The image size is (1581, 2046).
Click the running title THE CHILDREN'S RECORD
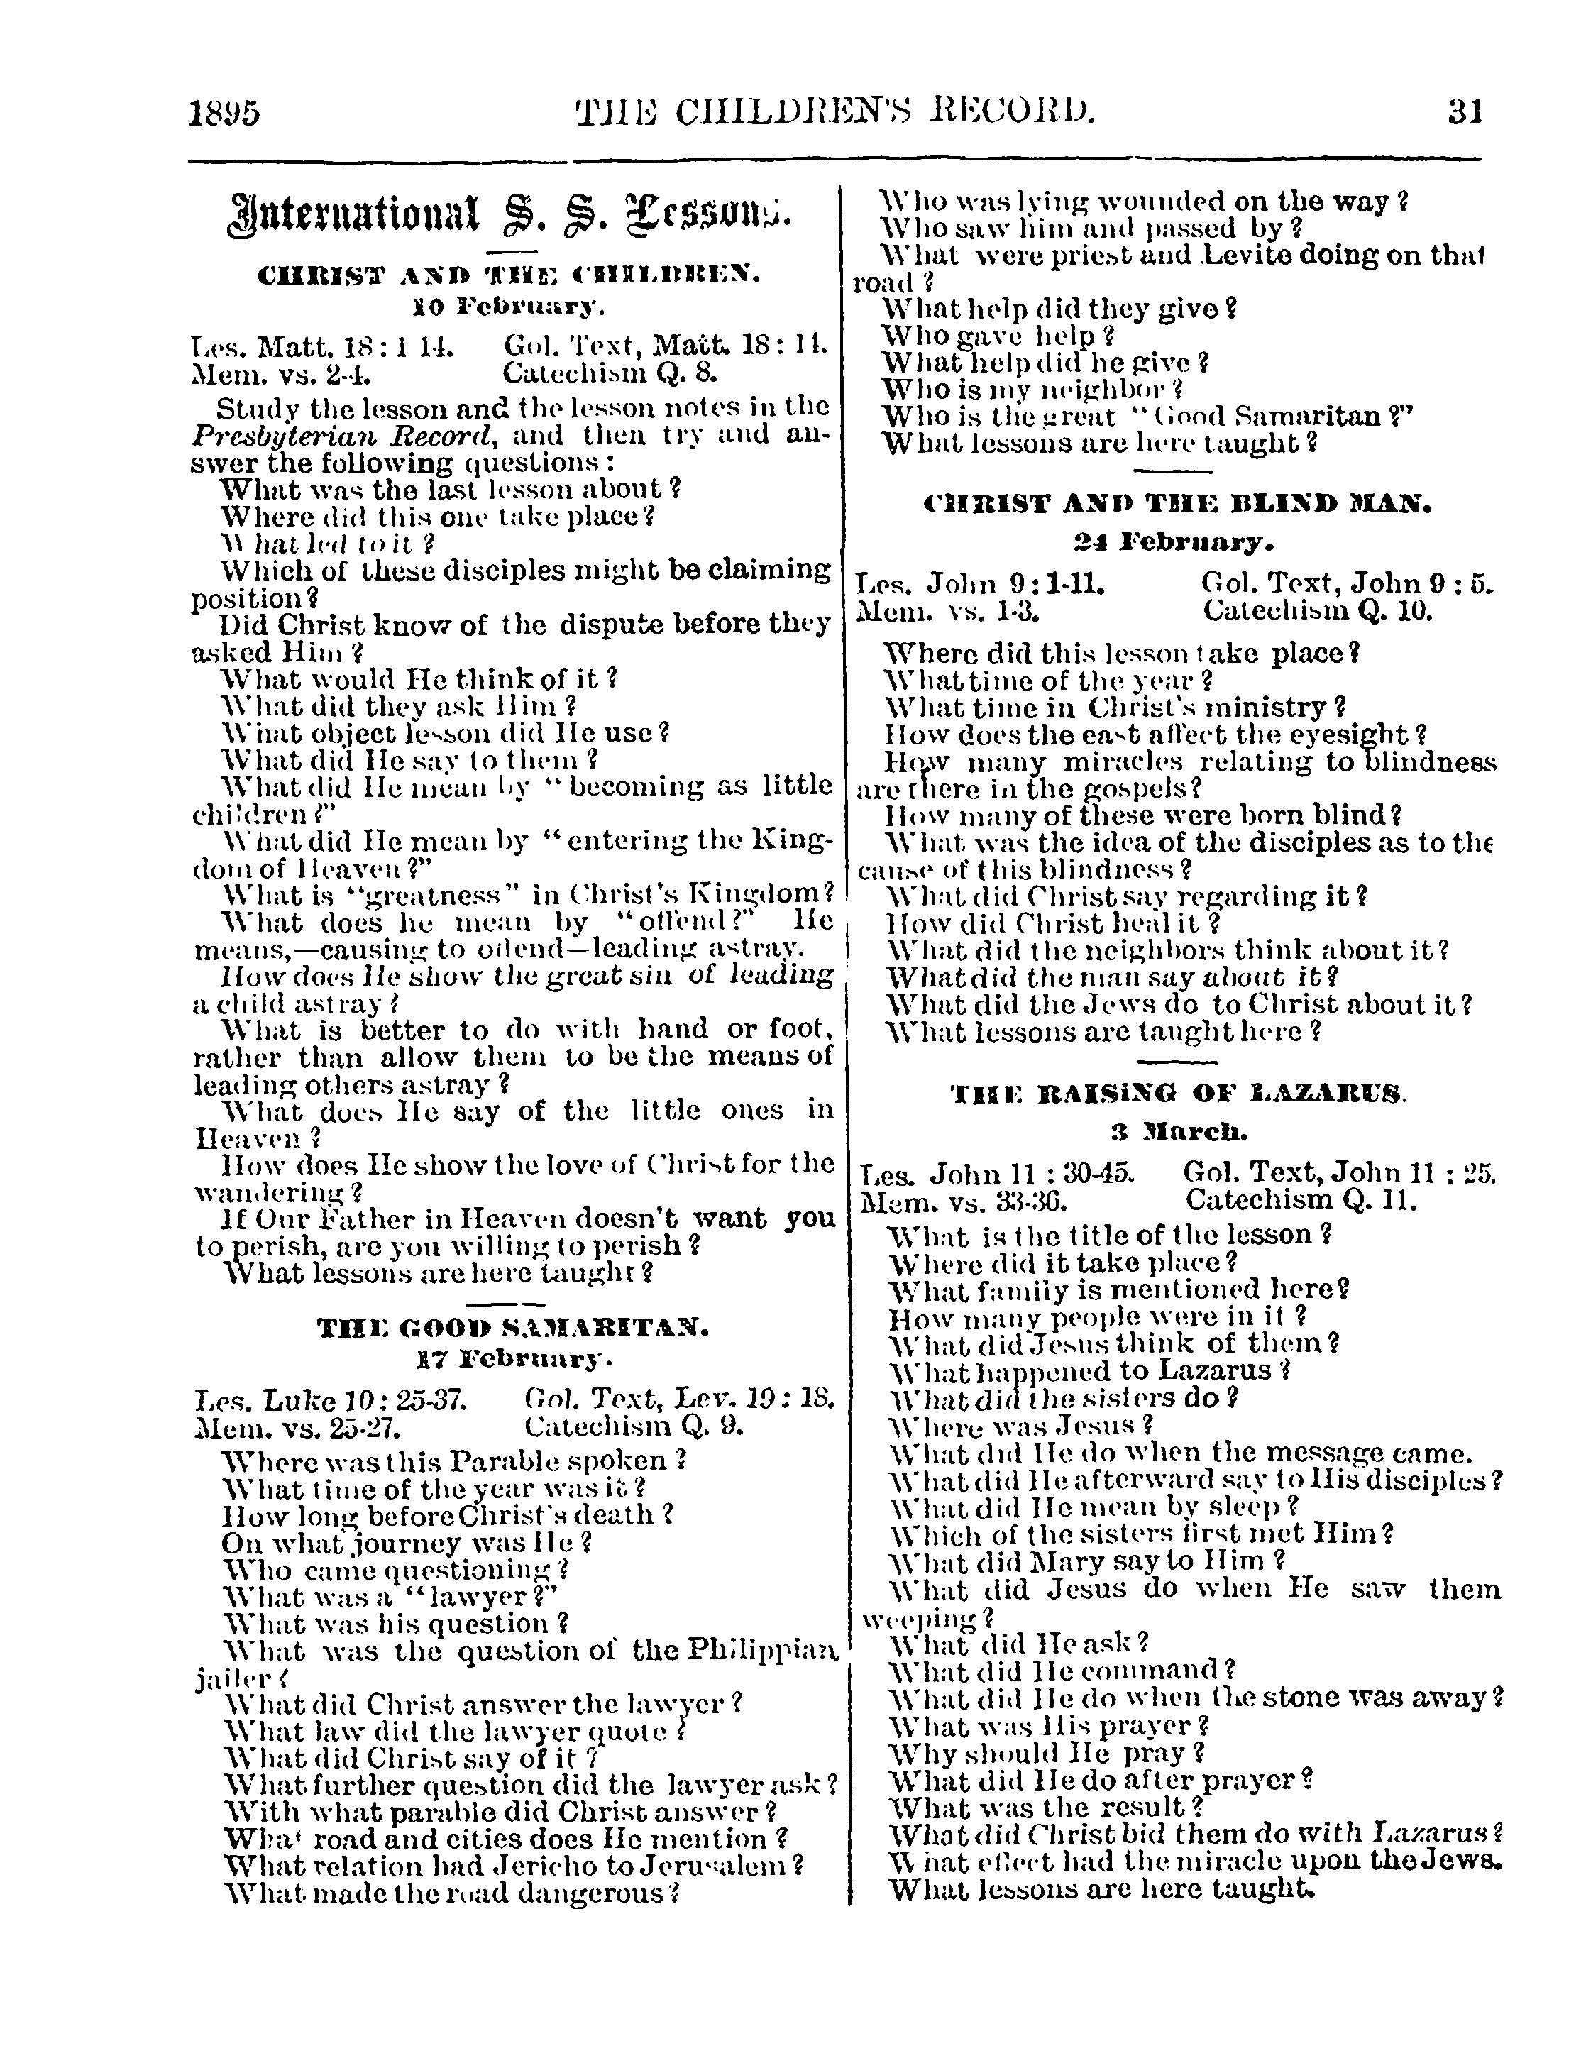pyautogui.click(x=834, y=112)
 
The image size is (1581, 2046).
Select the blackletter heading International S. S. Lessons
pyautogui.click(x=510, y=214)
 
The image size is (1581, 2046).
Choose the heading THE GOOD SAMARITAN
pyautogui.click(x=512, y=1329)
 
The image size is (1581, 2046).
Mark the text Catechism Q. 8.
pyautogui.click(x=611, y=374)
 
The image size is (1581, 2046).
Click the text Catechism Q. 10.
pyautogui.click(x=1318, y=612)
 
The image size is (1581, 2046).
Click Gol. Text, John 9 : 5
pyautogui.click(x=1346, y=585)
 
